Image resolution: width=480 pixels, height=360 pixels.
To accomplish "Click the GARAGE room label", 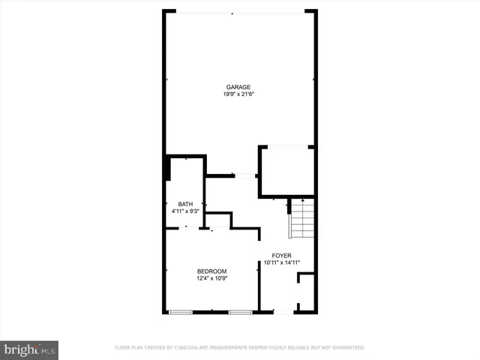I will pyautogui.click(x=238, y=87).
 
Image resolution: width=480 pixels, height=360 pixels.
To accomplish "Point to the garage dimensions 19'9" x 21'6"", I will pyautogui.click(x=238, y=94).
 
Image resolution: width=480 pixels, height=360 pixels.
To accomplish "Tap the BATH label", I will pyautogui.click(x=185, y=204).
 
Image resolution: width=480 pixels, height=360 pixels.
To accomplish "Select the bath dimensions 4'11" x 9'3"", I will pyautogui.click(x=185, y=211).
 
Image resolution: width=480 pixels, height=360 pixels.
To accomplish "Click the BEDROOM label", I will pyautogui.click(x=211, y=271).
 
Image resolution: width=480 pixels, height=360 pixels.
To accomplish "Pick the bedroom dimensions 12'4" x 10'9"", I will pyautogui.click(x=211, y=278).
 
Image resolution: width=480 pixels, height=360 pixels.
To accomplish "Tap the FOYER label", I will pyautogui.click(x=282, y=255).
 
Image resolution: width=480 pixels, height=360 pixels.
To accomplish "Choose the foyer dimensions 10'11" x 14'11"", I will pyautogui.click(x=282, y=262).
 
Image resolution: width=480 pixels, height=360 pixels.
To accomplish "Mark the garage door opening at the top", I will pyautogui.click(x=238, y=12).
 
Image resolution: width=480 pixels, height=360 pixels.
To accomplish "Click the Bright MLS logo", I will pyautogui.click(x=30, y=349).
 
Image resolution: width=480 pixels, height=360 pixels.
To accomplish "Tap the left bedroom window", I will pyautogui.click(x=181, y=311).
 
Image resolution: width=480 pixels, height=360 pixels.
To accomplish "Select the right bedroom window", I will pyautogui.click(x=240, y=311).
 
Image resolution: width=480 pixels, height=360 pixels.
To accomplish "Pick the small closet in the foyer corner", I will pyautogui.click(x=306, y=294).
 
